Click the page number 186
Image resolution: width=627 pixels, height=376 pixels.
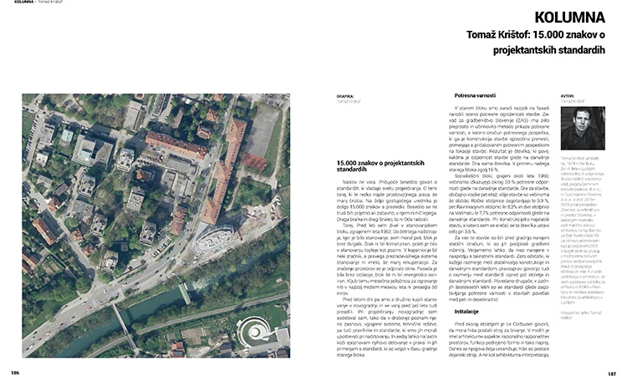15,368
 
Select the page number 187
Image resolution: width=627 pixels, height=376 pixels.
611,368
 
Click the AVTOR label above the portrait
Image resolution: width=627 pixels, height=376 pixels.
567,96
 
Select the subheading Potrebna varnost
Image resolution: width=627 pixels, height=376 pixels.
481,96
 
